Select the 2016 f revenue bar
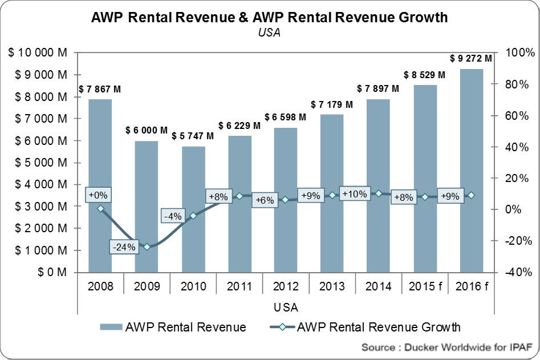pos(471,171)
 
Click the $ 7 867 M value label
pos(100,89)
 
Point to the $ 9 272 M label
pos(470,58)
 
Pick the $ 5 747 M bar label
pos(193,136)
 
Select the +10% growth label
pos(355,194)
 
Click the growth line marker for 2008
pos(101,209)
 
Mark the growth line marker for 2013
pos(332,195)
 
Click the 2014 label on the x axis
pos(379,286)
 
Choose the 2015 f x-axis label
pos(425,286)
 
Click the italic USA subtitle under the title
pos(270,33)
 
